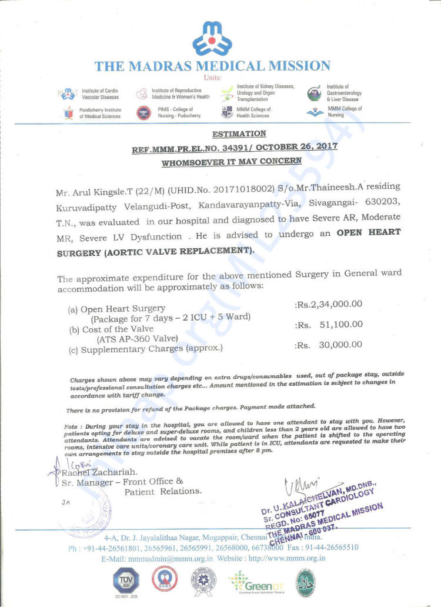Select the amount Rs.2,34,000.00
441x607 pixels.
point(328,304)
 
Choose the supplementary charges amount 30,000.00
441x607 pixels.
point(340,345)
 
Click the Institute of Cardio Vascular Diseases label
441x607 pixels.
point(100,94)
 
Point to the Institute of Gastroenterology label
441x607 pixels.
point(344,93)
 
